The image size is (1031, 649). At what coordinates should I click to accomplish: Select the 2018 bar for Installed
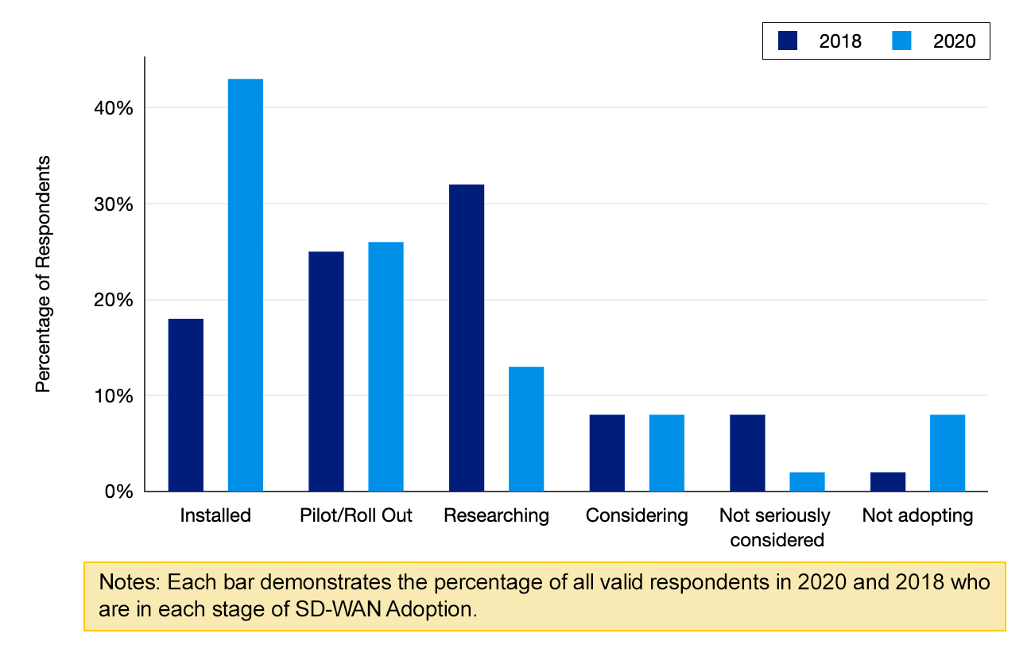click(x=185, y=405)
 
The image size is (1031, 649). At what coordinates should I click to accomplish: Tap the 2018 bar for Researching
click(x=467, y=338)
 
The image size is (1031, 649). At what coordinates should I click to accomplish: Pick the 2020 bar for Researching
click(x=526, y=429)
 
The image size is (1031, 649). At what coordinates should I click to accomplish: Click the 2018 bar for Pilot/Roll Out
click(x=326, y=371)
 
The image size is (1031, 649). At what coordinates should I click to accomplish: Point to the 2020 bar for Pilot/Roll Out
click(x=386, y=367)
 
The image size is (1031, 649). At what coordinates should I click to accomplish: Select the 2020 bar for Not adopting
click(x=948, y=453)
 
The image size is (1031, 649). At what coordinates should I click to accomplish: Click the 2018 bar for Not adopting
click(x=888, y=482)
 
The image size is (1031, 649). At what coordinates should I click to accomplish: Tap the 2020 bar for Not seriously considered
click(x=807, y=482)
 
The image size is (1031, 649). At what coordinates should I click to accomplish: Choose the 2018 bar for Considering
click(x=607, y=453)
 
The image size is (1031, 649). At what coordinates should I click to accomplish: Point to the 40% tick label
click(x=113, y=107)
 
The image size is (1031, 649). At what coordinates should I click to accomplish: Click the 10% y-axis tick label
click(x=113, y=395)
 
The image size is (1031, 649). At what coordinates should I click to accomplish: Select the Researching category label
click(x=496, y=515)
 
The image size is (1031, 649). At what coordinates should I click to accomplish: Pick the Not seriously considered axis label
click(x=776, y=528)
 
